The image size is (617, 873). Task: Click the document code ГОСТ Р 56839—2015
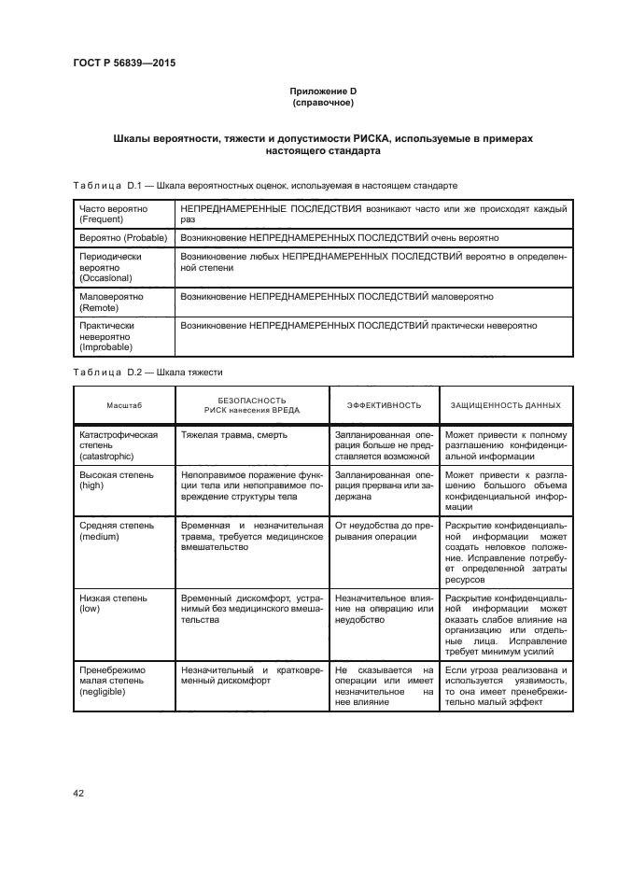point(123,63)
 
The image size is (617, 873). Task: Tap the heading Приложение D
point(323,91)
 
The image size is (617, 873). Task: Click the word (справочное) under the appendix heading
point(323,102)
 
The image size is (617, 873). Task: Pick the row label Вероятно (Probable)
point(121,238)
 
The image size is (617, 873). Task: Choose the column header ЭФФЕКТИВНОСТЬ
point(384,405)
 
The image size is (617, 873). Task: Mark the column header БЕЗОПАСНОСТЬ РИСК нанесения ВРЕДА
point(252,405)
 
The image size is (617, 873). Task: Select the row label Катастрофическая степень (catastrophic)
point(119,445)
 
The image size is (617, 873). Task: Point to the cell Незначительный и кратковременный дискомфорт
point(252,675)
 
